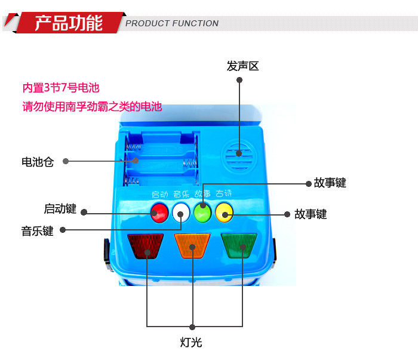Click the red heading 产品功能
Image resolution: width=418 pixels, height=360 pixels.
point(68,23)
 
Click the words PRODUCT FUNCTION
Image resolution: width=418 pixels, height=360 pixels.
point(172,24)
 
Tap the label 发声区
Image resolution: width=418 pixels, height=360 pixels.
point(242,66)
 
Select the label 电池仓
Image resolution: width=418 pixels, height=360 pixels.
point(37,162)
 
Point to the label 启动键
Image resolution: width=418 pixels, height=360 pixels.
point(60,209)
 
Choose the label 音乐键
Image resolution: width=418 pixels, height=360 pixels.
point(37,231)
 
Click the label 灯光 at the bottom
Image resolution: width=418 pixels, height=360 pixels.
point(192,343)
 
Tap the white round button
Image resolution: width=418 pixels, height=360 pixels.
point(180,212)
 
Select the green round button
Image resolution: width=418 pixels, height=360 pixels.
point(202,213)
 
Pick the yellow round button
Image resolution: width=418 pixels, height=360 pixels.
point(224,212)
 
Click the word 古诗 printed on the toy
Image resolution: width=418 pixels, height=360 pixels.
point(223,194)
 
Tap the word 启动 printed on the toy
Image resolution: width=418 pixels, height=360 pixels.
point(159,195)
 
